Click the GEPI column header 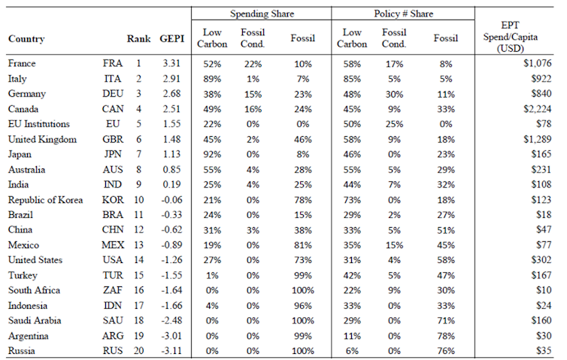click(172, 39)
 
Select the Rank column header click(138, 39)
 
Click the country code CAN click(111, 109)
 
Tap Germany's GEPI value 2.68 click(172, 94)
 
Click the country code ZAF click(111, 291)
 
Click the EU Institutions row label click(38, 124)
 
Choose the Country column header click(26, 39)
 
